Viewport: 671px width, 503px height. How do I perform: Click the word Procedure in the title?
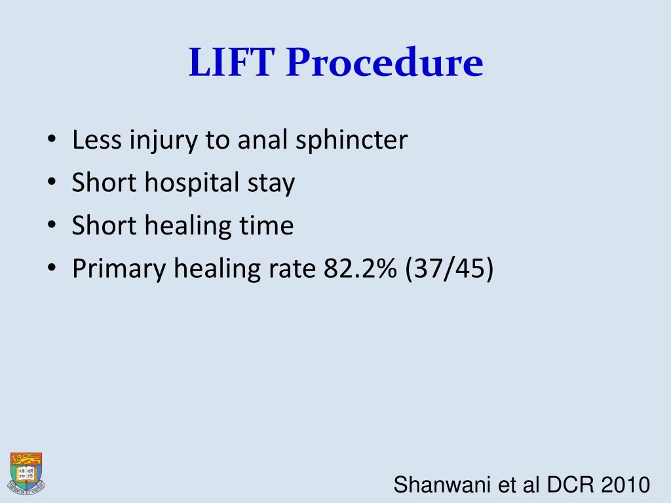tap(384, 64)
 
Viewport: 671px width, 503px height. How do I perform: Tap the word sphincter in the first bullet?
tap(352, 140)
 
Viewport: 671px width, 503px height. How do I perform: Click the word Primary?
tap(119, 269)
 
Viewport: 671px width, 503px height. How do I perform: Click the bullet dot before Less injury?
tap(52, 141)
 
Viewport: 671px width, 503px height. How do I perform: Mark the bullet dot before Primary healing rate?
tap(52, 269)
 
